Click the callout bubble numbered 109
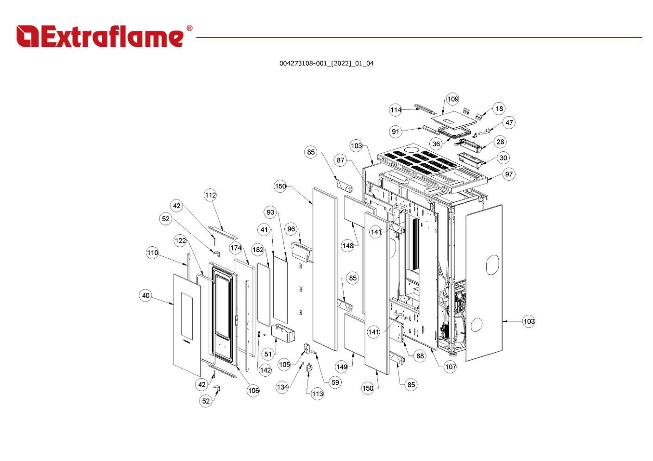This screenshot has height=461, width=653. coord(453,99)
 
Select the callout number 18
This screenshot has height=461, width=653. coord(499,109)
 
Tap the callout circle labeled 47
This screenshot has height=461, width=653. coord(509,123)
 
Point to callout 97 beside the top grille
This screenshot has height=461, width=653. coord(509,174)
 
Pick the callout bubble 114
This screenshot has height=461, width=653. coord(396,110)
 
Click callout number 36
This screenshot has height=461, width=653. coord(436,143)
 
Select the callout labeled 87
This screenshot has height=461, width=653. coord(340,160)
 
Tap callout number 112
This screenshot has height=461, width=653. coord(210,195)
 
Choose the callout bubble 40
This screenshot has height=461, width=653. coord(145,295)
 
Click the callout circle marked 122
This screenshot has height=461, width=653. coord(180,241)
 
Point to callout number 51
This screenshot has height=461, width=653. coord(268,354)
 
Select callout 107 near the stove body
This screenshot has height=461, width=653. coord(451,367)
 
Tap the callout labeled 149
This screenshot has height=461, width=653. coord(342,367)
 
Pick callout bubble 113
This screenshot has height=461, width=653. coord(317,394)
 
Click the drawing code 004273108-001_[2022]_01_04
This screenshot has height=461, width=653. coord(326,63)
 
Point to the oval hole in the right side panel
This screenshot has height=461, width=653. coord(492,265)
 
